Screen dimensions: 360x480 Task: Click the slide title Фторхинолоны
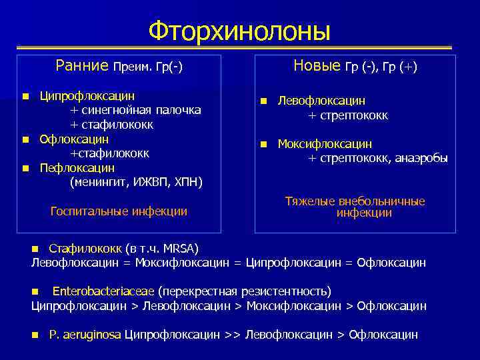pyautogui.click(x=239, y=30)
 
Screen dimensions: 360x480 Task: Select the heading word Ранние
pyautogui.click(x=82, y=65)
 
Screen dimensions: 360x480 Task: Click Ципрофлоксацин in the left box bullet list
pyautogui.click(x=87, y=97)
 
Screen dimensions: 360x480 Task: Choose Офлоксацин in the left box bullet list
pyautogui.click(x=74, y=139)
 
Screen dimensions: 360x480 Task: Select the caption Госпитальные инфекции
pyautogui.click(x=119, y=211)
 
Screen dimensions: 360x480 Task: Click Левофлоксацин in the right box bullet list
pyautogui.click(x=321, y=101)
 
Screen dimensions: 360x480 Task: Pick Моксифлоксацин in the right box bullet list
pyautogui.click(x=325, y=144)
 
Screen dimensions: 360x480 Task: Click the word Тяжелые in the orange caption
pyautogui.click(x=307, y=201)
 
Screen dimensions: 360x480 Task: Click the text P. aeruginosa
pyautogui.click(x=85, y=335)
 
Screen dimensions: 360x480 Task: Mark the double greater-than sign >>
pyautogui.click(x=233, y=335)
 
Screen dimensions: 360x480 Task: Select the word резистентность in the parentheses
pyautogui.click(x=288, y=291)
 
